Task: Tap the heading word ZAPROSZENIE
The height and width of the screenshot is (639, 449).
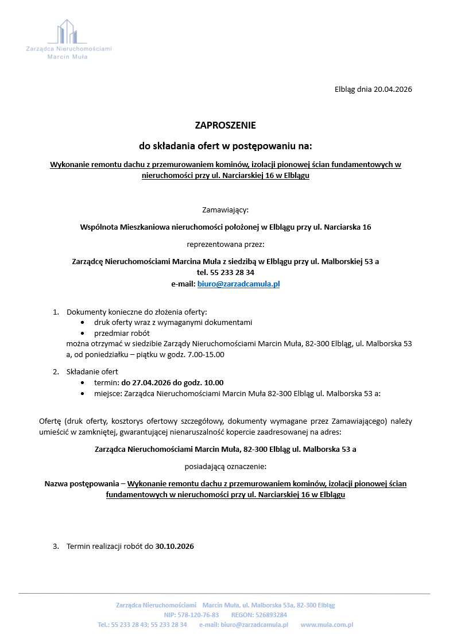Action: (x=225, y=125)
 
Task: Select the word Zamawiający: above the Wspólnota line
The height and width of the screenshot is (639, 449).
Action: (x=225, y=210)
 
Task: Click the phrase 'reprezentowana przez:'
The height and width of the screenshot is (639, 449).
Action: (x=225, y=244)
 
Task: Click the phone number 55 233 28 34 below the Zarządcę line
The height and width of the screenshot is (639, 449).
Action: (x=233, y=273)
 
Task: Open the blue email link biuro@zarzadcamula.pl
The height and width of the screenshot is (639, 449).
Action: (x=238, y=284)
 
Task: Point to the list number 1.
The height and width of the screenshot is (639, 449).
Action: (x=56, y=312)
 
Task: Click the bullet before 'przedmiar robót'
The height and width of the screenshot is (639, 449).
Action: (x=84, y=333)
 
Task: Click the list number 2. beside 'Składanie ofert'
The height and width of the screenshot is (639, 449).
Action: (x=56, y=371)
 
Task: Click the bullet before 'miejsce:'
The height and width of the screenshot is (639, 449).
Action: (x=84, y=394)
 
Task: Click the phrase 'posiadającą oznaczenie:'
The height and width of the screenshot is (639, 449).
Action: (x=225, y=467)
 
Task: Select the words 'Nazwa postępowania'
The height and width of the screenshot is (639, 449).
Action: (x=81, y=483)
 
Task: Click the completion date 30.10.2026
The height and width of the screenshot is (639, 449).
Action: (x=175, y=547)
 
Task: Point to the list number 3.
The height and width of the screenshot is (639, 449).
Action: (x=56, y=547)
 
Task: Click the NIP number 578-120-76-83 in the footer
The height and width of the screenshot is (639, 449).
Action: (x=199, y=615)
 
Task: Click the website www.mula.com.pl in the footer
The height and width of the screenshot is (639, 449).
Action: (x=326, y=625)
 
